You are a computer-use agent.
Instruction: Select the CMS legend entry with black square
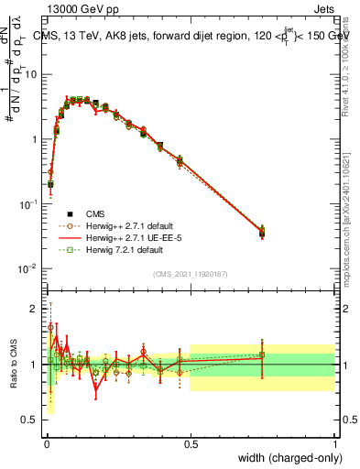101,211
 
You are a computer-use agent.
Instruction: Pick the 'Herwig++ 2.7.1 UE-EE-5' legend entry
134,236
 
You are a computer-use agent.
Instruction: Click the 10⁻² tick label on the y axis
27,268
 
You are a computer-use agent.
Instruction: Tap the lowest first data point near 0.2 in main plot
50,184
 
